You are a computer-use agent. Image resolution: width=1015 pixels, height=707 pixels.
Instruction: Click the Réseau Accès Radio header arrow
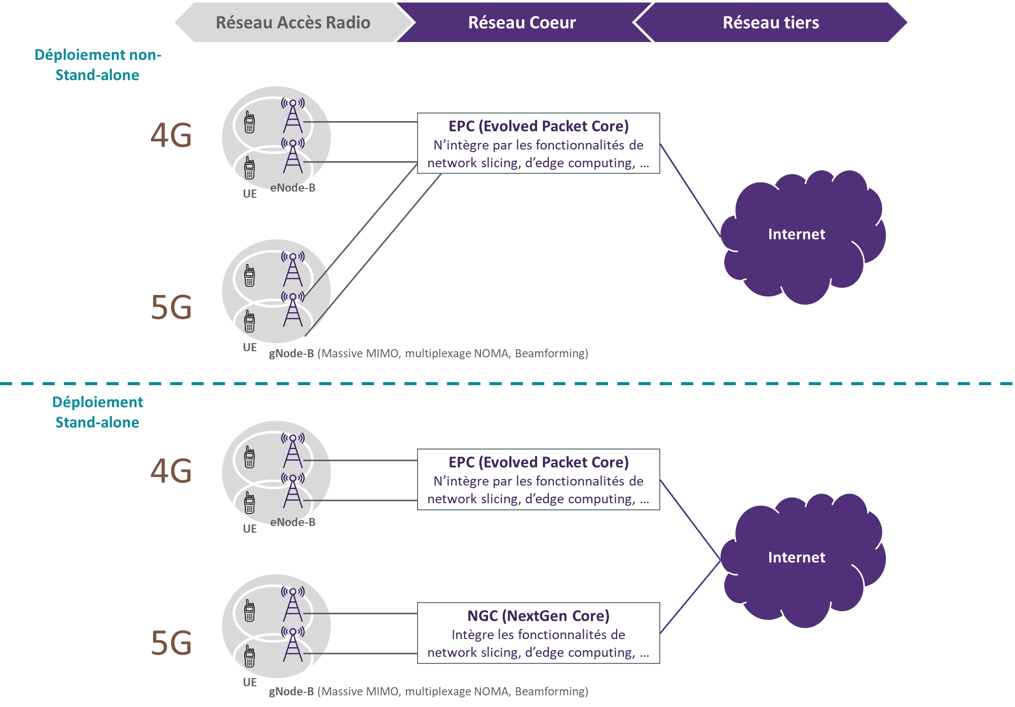(293, 23)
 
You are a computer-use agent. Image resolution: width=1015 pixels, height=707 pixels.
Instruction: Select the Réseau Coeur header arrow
(522, 23)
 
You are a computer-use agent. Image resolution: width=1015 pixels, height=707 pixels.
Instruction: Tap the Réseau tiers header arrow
(770, 23)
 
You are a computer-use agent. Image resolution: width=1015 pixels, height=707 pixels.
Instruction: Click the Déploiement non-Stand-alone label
(97, 65)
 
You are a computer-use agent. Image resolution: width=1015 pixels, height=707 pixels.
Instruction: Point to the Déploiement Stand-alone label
(97, 412)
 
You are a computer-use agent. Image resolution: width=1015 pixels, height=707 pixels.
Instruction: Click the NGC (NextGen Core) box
(538, 633)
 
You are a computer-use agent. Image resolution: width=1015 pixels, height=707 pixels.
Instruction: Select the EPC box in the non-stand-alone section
(538, 143)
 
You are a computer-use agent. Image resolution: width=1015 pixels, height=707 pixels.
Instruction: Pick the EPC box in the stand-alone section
(538, 479)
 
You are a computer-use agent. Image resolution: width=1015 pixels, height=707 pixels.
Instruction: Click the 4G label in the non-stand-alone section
(171, 136)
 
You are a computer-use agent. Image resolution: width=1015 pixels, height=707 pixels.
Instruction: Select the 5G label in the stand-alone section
(171, 643)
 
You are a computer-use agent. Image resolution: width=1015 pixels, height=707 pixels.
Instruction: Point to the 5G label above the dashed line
(171, 308)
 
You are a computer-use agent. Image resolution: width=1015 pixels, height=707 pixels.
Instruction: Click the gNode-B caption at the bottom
(428, 691)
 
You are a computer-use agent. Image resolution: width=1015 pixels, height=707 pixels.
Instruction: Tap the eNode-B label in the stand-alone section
(292, 522)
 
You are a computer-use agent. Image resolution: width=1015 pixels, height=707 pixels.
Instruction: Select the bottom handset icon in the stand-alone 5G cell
(249, 656)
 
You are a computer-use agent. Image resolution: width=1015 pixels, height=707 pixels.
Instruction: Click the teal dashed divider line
(507, 384)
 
